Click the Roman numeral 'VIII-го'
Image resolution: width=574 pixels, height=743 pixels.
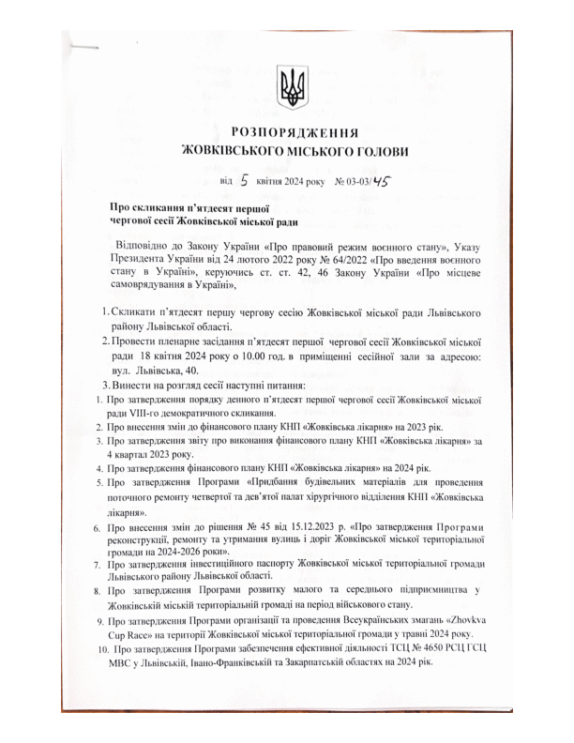pyautogui.click(x=142, y=414)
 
